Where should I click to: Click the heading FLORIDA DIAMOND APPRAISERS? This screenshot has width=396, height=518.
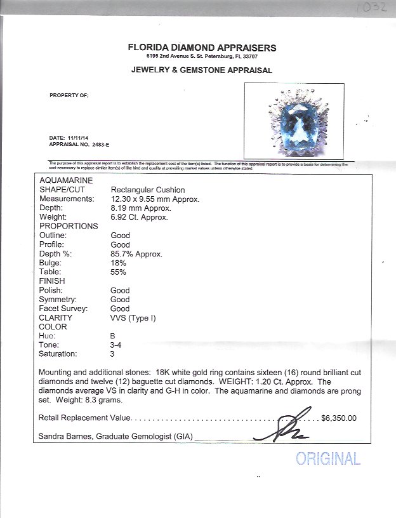(x=202, y=48)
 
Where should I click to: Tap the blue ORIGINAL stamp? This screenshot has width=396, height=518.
(x=327, y=458)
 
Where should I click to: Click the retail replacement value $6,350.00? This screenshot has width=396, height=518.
(x=339, y=418)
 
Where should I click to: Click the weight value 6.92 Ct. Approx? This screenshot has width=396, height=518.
(x=139, y=217)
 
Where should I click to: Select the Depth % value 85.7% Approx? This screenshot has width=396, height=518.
(x=136, y=254)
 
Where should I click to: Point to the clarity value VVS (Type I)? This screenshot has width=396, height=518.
(x=133, y=317)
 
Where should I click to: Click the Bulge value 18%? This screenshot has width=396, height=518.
(x=119, y=263)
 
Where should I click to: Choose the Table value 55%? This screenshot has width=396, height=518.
(x=119, y=272)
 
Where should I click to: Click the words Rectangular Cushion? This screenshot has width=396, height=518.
(x=148, y=190)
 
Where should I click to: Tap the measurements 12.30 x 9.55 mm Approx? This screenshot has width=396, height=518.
(x=155, y=199)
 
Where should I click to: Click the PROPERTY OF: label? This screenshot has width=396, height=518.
(x=69, y=95)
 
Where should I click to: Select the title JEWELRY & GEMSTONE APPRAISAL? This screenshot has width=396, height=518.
(x=202, y=70)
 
